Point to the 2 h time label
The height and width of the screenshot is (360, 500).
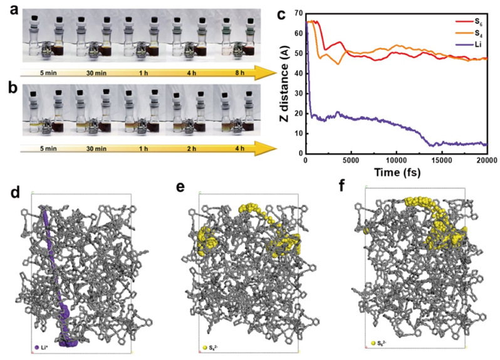[x=190, y=150]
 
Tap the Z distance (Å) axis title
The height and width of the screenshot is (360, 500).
[x=285, y=83]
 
